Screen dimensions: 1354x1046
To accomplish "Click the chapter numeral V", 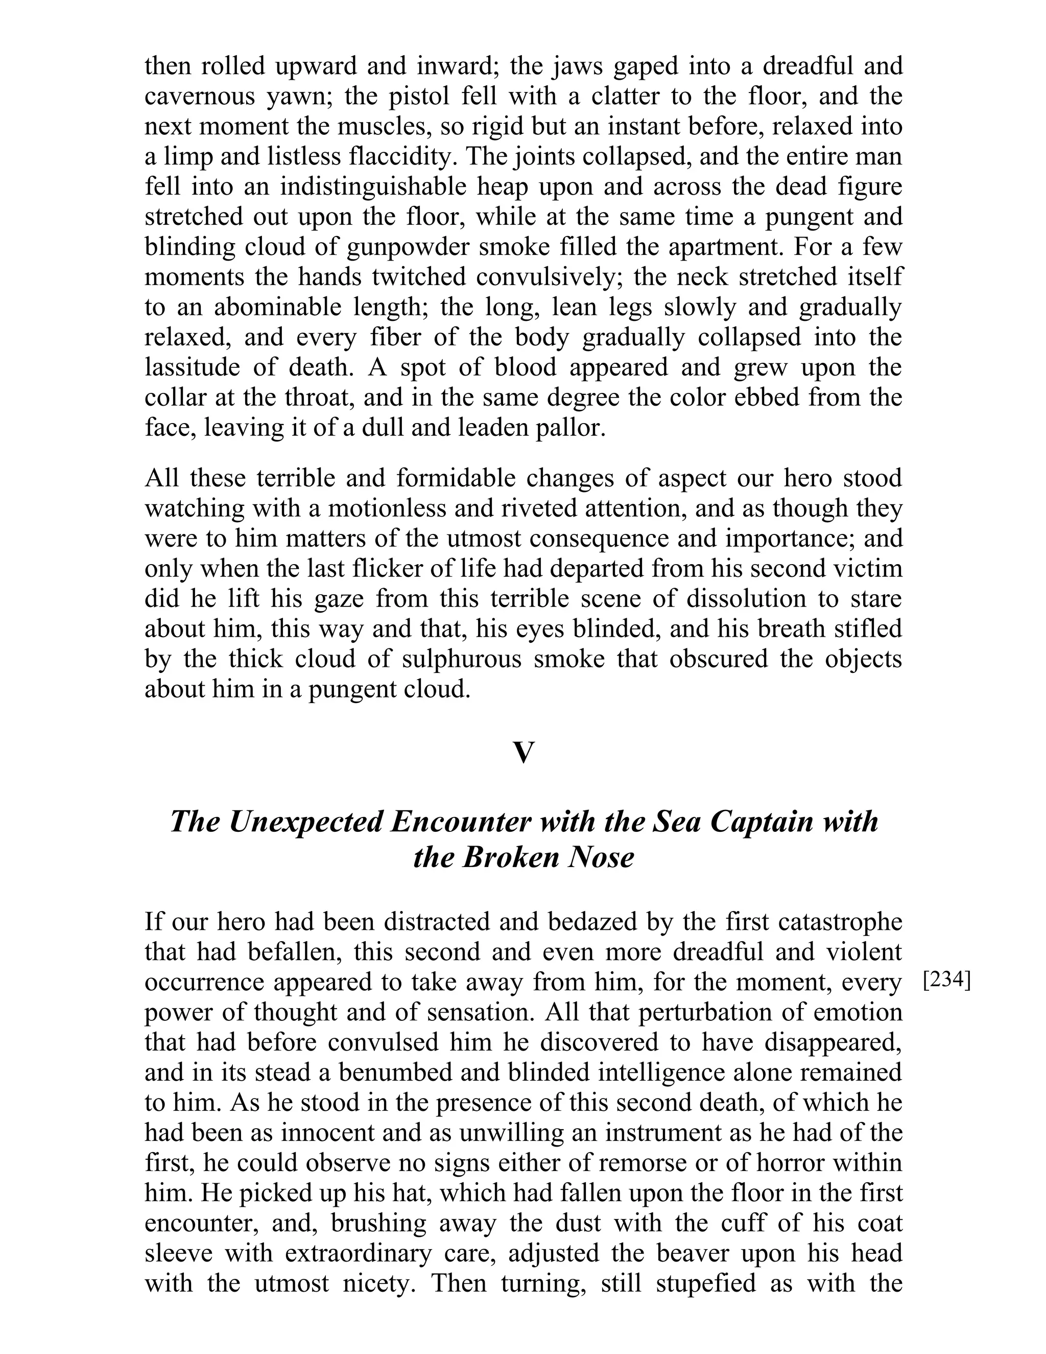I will [523, 753].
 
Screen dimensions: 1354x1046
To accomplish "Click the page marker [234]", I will [946, 982].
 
